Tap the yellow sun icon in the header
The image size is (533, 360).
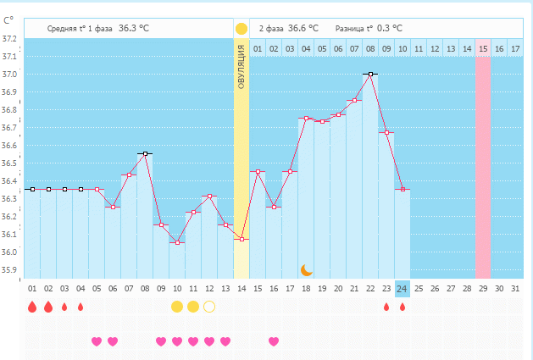[x=242, y=28]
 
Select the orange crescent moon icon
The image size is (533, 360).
[x=307, y=269]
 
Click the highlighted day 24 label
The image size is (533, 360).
[x=402, y=289]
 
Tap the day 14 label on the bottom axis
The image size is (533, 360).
[x=242, y=289]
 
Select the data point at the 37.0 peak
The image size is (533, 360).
[x=370, y=74]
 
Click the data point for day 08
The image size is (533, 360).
[x=146, y=153]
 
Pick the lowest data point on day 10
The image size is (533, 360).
[x=177, y=242]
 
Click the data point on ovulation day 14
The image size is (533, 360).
[x=242, y=239]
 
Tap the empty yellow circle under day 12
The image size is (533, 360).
[x=209, y=306]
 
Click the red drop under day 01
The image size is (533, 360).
[x=32, y=307]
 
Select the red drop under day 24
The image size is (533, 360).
[x=402, y=307]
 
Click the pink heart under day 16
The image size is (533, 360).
[x=274, y=341]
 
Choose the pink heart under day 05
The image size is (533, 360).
[x=97, y=341]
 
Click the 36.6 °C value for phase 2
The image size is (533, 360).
[x=297, y=28]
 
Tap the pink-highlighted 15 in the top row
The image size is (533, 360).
[x=483, y=49]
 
